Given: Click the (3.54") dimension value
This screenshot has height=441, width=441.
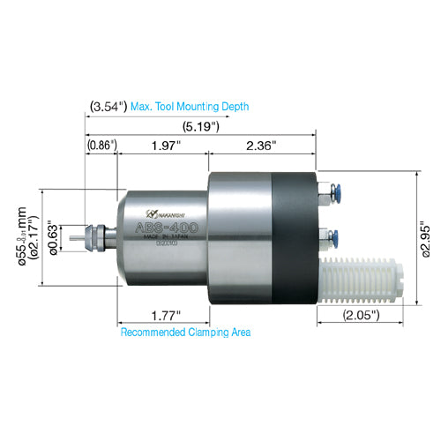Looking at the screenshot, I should coord(108,107).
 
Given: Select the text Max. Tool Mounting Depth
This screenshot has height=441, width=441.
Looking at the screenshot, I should coord(190,107).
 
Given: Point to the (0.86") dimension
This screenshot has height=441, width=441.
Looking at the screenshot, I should coord(101,145).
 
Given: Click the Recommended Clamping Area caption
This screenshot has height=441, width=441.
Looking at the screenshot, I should coord(185,333).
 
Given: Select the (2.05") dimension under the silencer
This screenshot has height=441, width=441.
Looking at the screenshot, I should coord(362,314).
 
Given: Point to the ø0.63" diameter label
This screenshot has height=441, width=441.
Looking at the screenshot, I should coord(54,235).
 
